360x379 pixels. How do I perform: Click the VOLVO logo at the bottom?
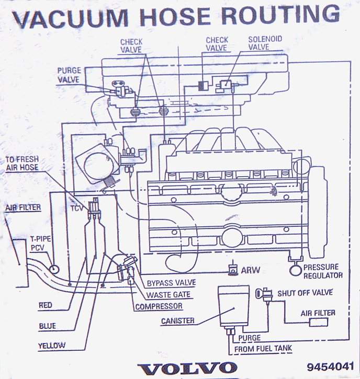coord(187,368)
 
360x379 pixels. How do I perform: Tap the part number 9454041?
coord(331,366)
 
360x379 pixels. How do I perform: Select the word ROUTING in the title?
coord(280,15)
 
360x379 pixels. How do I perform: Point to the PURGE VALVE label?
coord(69,75)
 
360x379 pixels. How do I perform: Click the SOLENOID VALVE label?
coord(265,43)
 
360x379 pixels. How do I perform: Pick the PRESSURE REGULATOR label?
coord(323,271)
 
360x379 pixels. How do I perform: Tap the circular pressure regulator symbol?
coord(296,270)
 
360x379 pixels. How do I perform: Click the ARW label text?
coord(251,270)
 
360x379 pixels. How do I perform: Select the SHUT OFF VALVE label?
coord(305,293)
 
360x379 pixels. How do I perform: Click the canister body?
coord(233,306)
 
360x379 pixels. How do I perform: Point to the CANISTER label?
coord(178,321)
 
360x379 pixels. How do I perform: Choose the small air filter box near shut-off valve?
coord(319,323)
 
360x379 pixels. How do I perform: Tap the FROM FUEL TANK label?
coord(263,349)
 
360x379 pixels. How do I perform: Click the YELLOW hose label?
coord(52,346)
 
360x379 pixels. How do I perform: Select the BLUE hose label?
coord(48,326)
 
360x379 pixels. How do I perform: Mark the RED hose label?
coord(45,305)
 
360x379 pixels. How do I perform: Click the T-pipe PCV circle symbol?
coord(54,269)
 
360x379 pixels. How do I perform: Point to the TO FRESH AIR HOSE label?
coord(22,164)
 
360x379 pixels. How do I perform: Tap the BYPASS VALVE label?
coord(171,283)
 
